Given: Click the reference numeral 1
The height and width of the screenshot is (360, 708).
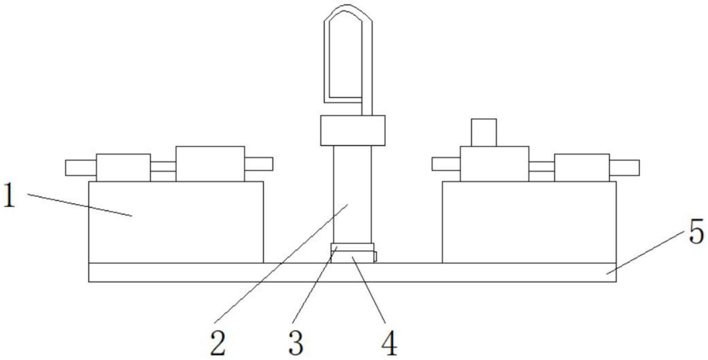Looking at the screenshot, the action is pos(9,196).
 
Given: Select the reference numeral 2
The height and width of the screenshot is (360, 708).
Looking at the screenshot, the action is pos(218,343).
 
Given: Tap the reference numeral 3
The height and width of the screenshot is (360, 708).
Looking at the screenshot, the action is pos(296,343).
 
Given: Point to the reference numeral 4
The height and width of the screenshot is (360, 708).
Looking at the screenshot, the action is pos(389,343).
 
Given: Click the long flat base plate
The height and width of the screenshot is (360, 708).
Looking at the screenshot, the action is pos(352,272).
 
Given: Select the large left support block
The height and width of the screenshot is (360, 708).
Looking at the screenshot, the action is pos(176,222).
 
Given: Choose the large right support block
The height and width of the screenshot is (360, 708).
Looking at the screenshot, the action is pos(529,222).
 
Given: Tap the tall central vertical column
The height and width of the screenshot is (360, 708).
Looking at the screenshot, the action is pos(352,194).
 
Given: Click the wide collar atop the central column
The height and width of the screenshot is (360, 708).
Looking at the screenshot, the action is pos(353,130).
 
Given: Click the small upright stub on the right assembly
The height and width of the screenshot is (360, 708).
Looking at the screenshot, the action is pos(483,132).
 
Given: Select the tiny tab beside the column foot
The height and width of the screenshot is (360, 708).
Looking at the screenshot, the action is pos(375,257).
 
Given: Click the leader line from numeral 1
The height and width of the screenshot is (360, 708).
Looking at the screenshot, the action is pos(80,205).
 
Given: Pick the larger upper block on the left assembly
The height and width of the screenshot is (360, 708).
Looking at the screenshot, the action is pos(210,164).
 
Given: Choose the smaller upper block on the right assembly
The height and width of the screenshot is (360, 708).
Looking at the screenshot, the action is pos(581,168).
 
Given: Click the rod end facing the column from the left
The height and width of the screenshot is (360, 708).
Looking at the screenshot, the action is pos(259,164).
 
